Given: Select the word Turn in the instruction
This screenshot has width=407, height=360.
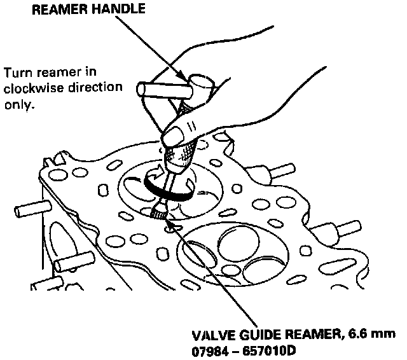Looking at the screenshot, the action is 17,72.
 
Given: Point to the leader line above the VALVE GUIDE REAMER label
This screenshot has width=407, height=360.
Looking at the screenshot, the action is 216,273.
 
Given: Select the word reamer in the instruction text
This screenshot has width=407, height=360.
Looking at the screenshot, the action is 58,72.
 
